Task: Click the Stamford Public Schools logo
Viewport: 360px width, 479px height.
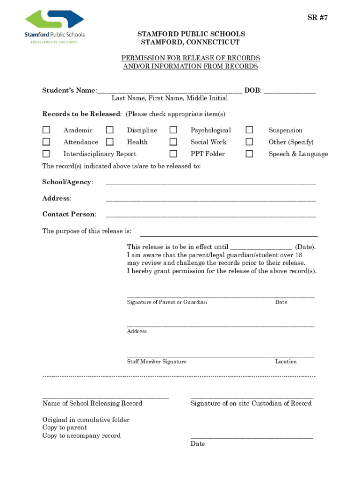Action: pyautogui.click(x=54, y=27)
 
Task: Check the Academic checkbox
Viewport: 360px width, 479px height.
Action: pyautogui.click(x=46, y=130)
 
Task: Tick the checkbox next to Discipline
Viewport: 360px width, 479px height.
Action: pyautogui.click(x=109, y=130)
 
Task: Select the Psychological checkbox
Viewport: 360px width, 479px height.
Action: pyautogui.click(x=173, y=130)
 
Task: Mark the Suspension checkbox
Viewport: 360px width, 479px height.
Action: pyautogui.click(x=250, y=130)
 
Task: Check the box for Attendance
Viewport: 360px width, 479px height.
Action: pyautogui.click(x=46, y=142)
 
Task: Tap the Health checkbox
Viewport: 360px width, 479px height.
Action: pyautogui.click(x=109, y=142)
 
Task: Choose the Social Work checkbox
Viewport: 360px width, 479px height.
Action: pyautogui.click(x=173, y=142)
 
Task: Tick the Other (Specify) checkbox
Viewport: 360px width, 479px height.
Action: pyautogui.click(x=250, y=142)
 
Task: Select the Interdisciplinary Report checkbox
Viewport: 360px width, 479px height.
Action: pyautogui.click(x=46, y=153)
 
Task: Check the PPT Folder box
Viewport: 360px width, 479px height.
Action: pyautogui.click(x=173, y=153)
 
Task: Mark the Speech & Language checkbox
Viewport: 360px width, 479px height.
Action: pyautogui.click(x=250, y=153)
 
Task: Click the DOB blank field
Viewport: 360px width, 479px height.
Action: pyautogui.click(x=289, y=91)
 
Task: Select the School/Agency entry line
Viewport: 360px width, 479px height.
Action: pyautogui.click(x=210, y=182)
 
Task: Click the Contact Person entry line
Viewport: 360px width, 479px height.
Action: pyautogui.click(x=210, y=215)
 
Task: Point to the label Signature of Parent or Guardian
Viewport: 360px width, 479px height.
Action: pyautogui.click(x=167, y=302)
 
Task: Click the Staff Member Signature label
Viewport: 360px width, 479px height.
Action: pyautogui.click(x=157, y=362)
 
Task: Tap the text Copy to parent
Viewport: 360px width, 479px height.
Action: pyautogui.click(x=65, y=428)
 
